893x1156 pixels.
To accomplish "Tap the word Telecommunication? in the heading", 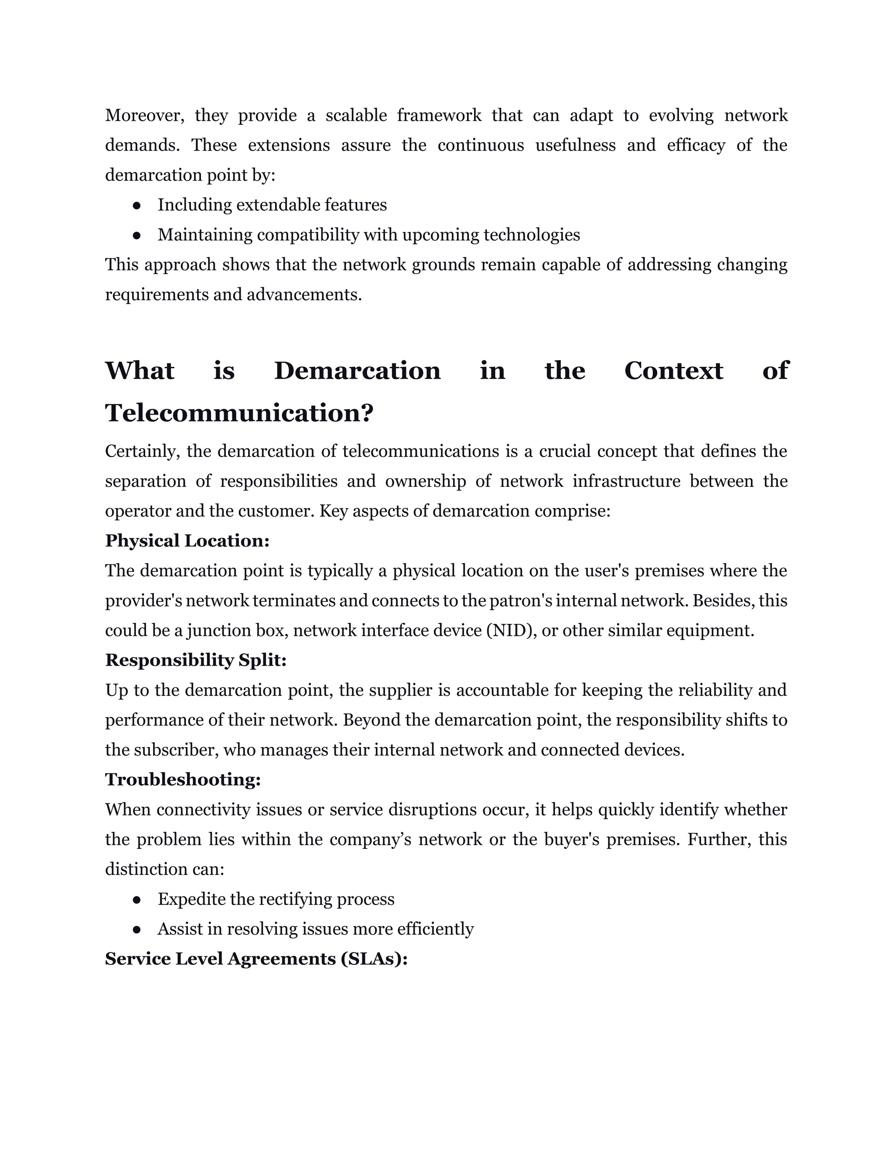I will tap(239, 413).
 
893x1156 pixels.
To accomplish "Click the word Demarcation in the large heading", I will tap(357, 370).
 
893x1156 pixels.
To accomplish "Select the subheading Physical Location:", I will tap(187, 540).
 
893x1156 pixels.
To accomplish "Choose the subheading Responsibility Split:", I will tap(196, 660).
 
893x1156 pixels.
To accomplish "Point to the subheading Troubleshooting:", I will tap(183, 779).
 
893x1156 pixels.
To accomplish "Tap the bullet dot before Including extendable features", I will tap(136, 205).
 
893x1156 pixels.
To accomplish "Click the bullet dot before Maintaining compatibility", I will tap(136, 235).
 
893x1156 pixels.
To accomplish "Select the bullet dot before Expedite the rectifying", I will tap(136, 900).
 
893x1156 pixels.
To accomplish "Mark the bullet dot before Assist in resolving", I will tap(136, 930).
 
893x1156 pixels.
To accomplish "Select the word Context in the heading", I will tap(673, 370).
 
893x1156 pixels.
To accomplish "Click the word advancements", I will tap(304, 294).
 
